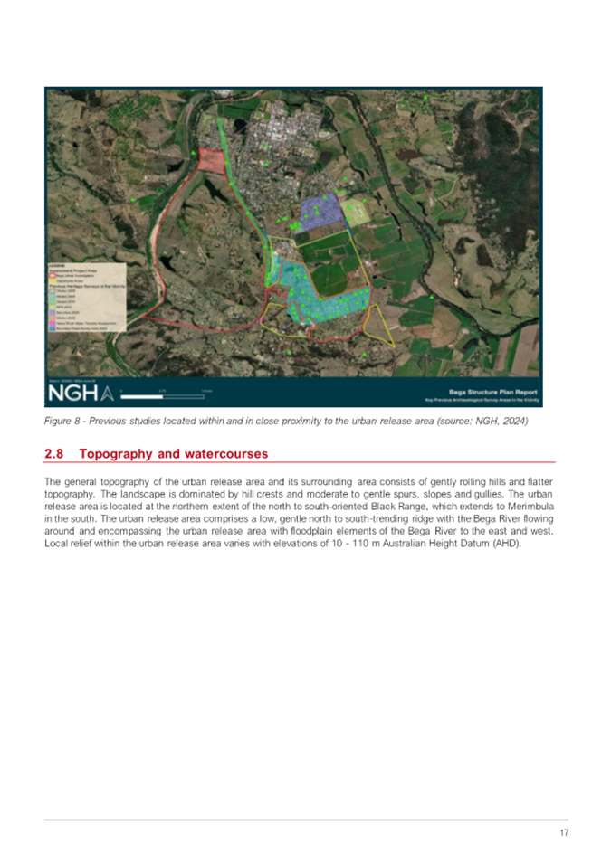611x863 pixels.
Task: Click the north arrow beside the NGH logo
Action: point(109,394)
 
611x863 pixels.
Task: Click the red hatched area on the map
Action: point(210,159)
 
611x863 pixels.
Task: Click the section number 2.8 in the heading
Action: point(54,453)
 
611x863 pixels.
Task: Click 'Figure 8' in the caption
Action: point(62,422)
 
